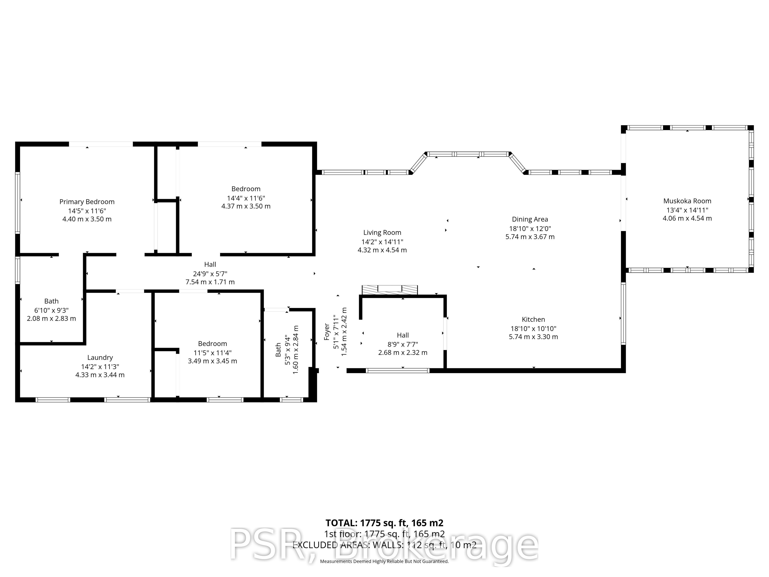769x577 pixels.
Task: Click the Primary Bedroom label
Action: coord(87,202)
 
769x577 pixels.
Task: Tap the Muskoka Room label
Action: coord(687,201)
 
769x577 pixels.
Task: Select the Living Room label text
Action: coord(382,233)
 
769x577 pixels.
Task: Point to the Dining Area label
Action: coord(530,219)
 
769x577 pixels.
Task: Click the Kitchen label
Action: coord(533,319)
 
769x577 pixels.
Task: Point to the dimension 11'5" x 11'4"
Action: coord(212,353)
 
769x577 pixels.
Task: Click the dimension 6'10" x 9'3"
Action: coord(51,310)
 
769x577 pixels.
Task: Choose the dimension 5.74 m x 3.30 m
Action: coord(533,337)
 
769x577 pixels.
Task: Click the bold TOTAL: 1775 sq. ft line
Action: coord(384,523)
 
